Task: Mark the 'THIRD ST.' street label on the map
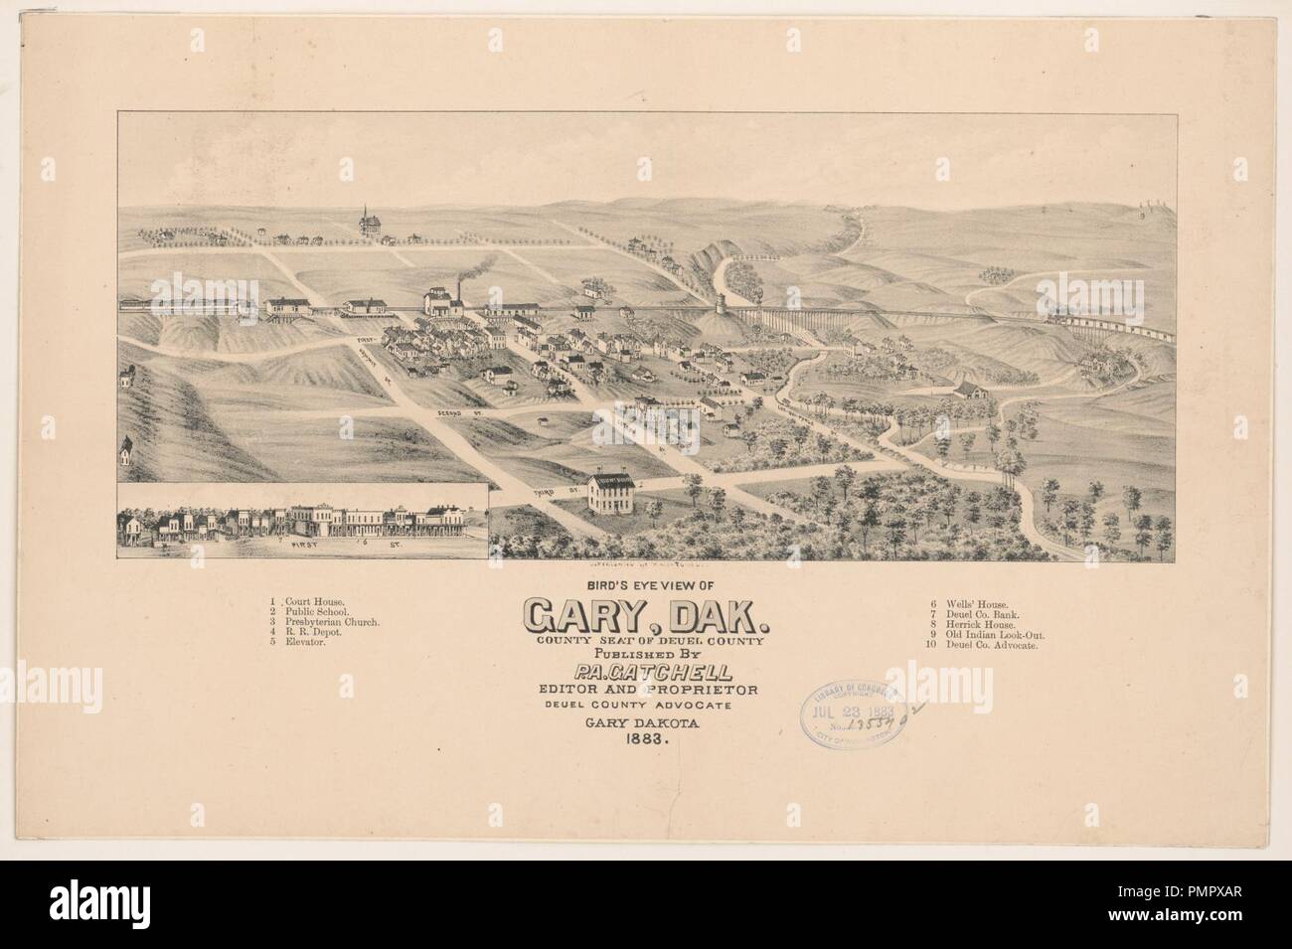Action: tap(535, 491)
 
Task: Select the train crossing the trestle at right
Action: tap(1113, 323)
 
